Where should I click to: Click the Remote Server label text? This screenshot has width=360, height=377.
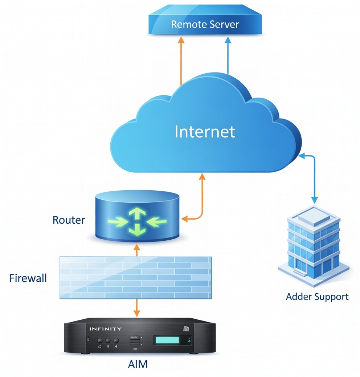click(205, 25)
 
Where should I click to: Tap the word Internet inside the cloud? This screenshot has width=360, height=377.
click(205, 132)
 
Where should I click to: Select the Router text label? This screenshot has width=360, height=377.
click(69, 220)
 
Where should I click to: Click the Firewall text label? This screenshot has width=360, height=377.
click(28, 278)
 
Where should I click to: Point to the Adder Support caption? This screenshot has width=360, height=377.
click(317, 297)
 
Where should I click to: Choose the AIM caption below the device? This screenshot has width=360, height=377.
click(138, 364)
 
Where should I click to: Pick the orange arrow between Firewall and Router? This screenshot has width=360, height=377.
click(137, 250)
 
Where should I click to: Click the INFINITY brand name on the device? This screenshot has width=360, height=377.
click(106, 329)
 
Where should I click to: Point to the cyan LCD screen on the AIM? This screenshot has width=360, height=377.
click(168, 340)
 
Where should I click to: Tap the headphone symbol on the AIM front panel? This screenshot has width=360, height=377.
click(100, 347)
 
